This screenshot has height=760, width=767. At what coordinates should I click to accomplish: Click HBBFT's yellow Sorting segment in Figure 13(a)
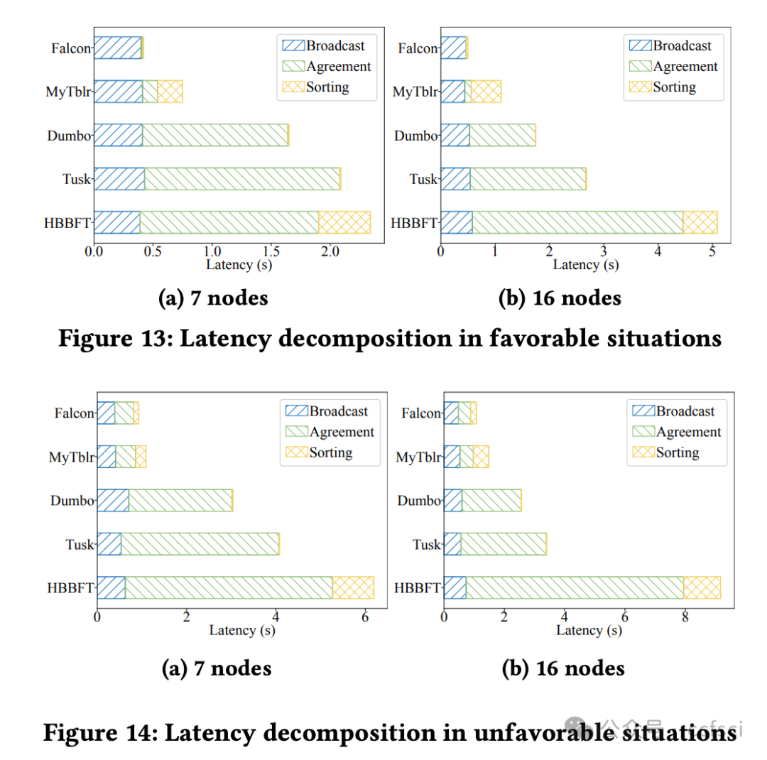pos(344,222)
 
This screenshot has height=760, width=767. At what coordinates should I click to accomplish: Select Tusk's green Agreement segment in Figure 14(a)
pos(200,543)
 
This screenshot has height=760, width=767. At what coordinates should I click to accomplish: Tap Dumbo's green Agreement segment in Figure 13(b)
pos(501,135)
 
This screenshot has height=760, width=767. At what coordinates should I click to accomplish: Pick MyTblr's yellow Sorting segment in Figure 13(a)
pos(170,92)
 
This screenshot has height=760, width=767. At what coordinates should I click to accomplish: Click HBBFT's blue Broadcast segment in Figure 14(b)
pos(455,587)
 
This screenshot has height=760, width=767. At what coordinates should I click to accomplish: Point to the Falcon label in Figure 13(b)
pos(417,48)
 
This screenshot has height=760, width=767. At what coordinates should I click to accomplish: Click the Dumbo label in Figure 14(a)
pos(72,500)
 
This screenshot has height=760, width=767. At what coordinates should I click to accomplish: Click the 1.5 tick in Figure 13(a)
pos(270,252)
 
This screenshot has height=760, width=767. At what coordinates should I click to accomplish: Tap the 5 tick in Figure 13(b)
pos(713,252)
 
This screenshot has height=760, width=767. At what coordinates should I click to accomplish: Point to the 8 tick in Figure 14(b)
pos(685,617)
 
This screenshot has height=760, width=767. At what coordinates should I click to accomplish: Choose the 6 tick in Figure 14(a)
pos(364,617)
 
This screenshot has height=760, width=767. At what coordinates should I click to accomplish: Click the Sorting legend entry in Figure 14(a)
pos(330,452)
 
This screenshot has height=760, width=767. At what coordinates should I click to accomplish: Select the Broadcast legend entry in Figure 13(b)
pos(682,45)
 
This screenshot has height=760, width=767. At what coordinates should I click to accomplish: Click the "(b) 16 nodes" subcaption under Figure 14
pos(563,668)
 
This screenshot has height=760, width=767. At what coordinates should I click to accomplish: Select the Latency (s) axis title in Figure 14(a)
pos(242,630)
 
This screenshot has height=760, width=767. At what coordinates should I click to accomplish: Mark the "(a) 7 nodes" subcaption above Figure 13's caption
pos(213,298)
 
